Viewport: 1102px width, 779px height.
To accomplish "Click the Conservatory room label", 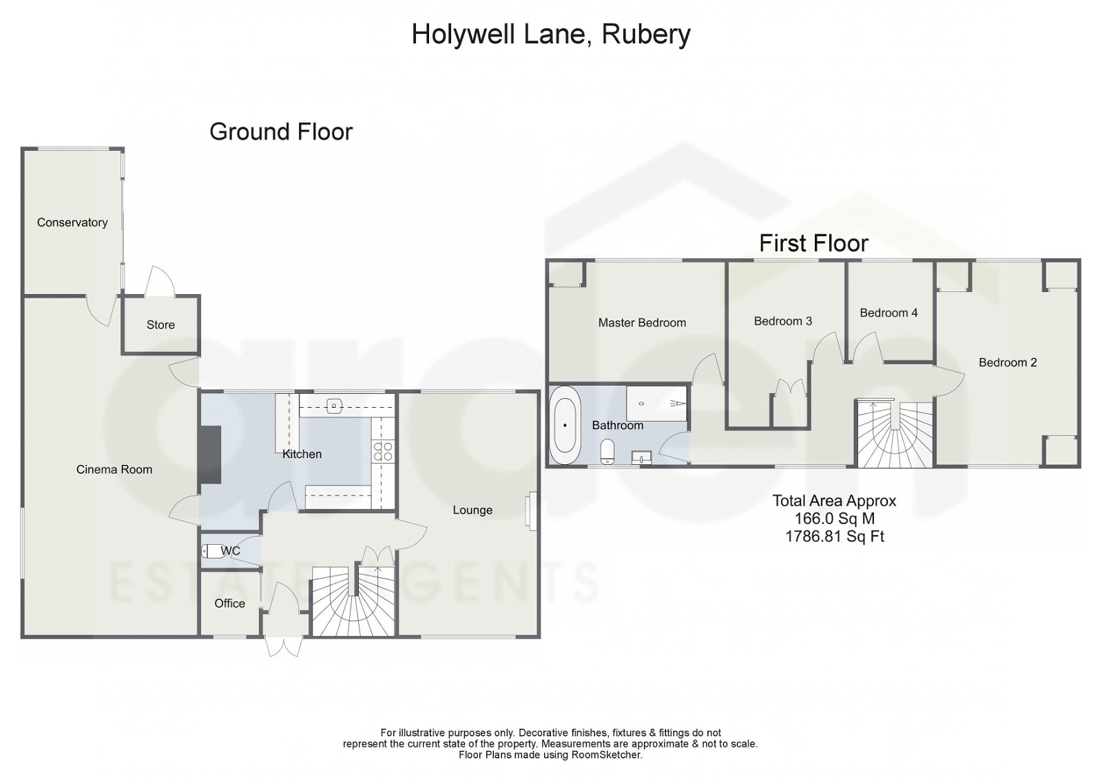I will pos(72,222).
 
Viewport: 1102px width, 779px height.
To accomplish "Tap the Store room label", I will pos(160,324).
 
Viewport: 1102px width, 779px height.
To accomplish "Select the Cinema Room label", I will pos(114,469).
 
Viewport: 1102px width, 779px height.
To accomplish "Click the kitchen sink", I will pos(334,406).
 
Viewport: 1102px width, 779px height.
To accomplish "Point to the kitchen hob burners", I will pos(383,451).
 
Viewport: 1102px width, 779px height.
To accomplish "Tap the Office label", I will pos(229,603).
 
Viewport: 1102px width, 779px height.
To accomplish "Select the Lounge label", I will pos(472,510).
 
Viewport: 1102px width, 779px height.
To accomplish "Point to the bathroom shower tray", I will pos(656,403).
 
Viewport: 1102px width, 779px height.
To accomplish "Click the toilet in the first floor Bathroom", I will pos(607,452).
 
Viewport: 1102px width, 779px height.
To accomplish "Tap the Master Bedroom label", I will pos(642,322).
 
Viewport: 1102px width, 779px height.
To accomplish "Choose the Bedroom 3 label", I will pos(782,321).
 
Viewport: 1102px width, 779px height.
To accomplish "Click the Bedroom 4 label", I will pos(888,313).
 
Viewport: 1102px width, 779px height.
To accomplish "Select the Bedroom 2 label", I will pos(1008,362).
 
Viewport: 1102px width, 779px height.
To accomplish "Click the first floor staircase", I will pos(895,436).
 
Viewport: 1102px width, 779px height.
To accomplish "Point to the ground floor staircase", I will pos(354,603).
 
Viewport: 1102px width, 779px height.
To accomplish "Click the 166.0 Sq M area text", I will pos(834,519).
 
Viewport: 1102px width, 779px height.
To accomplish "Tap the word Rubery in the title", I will pos(646,34).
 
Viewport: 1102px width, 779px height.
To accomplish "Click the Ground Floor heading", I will pos(281,132).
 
